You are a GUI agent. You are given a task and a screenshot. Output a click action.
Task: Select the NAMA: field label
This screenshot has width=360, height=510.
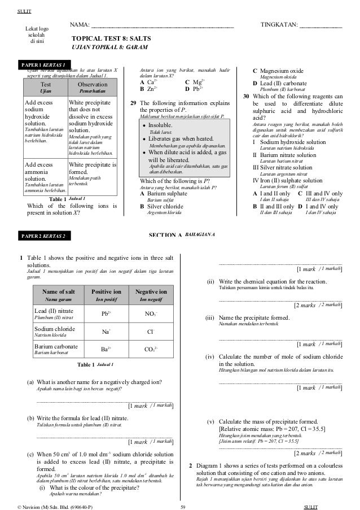tap(79, 25)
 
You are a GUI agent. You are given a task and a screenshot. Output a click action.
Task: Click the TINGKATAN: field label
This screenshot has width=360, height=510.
tap(278, 25)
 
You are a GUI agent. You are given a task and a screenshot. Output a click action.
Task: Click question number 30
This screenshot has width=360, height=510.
tap(246, 97)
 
